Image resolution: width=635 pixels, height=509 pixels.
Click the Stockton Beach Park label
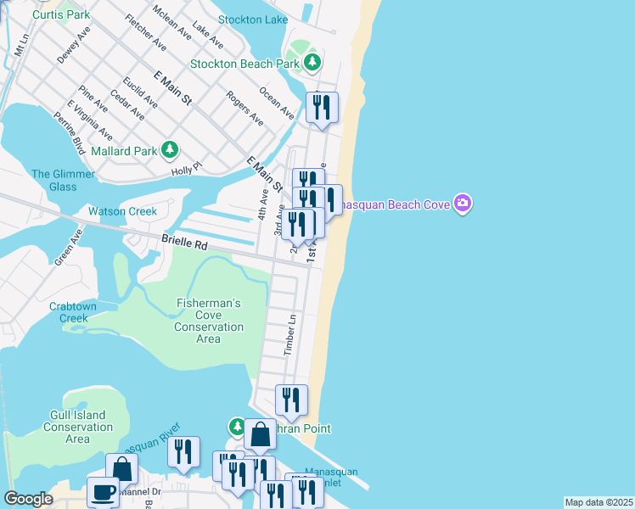(245, 64)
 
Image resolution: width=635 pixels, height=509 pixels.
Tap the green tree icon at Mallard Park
(171, 150)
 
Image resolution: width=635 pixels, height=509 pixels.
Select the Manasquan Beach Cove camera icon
(463, 203)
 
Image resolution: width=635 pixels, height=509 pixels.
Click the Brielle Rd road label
(185, 243)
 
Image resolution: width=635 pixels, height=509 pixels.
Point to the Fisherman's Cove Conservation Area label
(208, 321)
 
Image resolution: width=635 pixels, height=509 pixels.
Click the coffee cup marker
(104, 491)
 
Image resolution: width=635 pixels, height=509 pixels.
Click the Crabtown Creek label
(73, 312)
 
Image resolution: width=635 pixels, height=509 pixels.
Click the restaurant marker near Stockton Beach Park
(322, 107)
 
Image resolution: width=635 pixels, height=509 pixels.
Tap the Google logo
(29, 499)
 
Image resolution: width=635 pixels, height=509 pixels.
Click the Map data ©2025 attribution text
(598, 502)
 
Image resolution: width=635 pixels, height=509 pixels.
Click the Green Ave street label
(67, 247)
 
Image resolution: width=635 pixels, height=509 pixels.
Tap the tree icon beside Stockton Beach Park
(313, 62)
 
